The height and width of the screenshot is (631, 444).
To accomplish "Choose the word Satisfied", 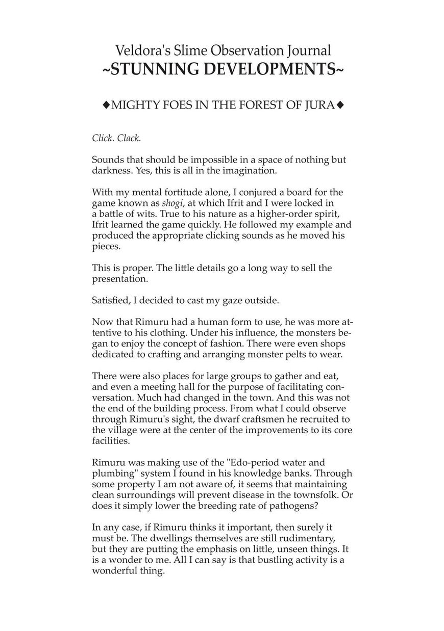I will click(x=111, y=300).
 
